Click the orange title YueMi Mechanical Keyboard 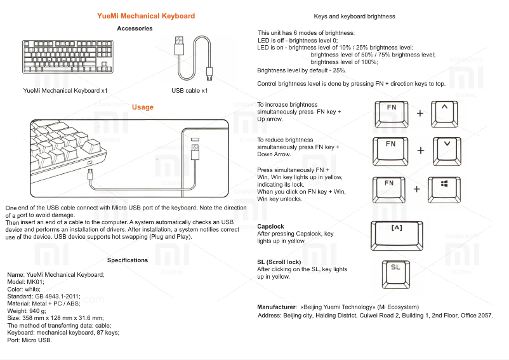point(146,16)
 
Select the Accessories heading point(135,29)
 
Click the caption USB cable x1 point(189,91)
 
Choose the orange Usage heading point(142,107)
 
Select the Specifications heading point(128,260)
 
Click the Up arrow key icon point(444,112)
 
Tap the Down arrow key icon point(447,149)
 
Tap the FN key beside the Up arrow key point(392,112)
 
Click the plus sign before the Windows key point(417,189)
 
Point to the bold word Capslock point(270,227)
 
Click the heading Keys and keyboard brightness point(354,17)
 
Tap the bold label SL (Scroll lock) point(279,262)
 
